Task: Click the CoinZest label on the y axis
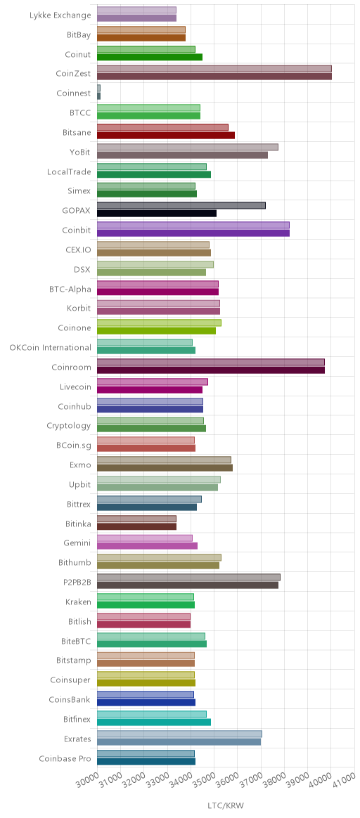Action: pos(73,74)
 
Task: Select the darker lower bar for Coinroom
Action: pos(211,370)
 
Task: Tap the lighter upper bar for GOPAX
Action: pos(181,205)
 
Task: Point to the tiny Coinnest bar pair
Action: pos(98,92)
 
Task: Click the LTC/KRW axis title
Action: pos(226,805)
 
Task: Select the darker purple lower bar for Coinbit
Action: pos(193,233)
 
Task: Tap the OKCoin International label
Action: pos(50,347)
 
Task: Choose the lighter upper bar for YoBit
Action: pos(187,147)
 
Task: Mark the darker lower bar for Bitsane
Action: pos(166,136)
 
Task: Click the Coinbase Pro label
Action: pos(65,758)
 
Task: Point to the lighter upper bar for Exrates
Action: pos(179,734)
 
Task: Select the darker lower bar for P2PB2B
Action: pos(188,585)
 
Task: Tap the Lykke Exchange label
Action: pos(60,15)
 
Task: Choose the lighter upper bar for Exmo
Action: pos(164,460)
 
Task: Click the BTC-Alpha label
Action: pos(70,289)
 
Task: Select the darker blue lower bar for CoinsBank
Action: pos(146,703)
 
